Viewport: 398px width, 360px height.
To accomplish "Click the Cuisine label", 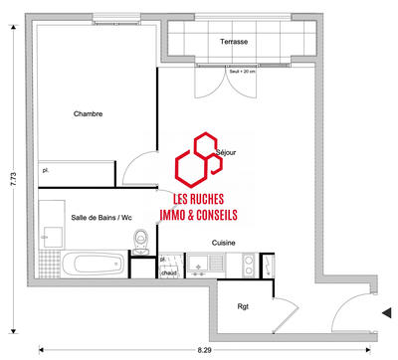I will (223, 242).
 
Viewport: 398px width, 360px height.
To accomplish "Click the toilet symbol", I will (143, 240).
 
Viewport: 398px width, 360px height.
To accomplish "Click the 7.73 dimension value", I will (12, 178).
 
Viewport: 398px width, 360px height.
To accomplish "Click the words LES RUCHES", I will (198, 199).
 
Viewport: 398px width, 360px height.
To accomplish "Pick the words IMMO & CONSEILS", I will (198, 214).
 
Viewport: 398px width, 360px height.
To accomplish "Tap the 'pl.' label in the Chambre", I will (46, 171).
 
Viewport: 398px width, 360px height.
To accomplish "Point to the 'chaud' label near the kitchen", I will (169, 272).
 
